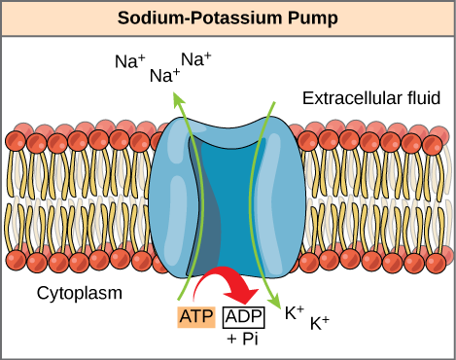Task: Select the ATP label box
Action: tap(196, 316)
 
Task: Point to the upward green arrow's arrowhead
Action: tap(176, 97)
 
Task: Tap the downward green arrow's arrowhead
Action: tap(278, 304)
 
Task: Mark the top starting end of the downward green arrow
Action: tap(273, 102)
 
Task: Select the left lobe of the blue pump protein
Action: tap(169, 195)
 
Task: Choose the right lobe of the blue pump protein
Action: tap(282, 195)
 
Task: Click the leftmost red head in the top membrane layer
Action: tap(16, 141)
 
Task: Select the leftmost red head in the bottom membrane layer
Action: tap(16, 260)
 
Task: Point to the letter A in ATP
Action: tap(185, 316)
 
